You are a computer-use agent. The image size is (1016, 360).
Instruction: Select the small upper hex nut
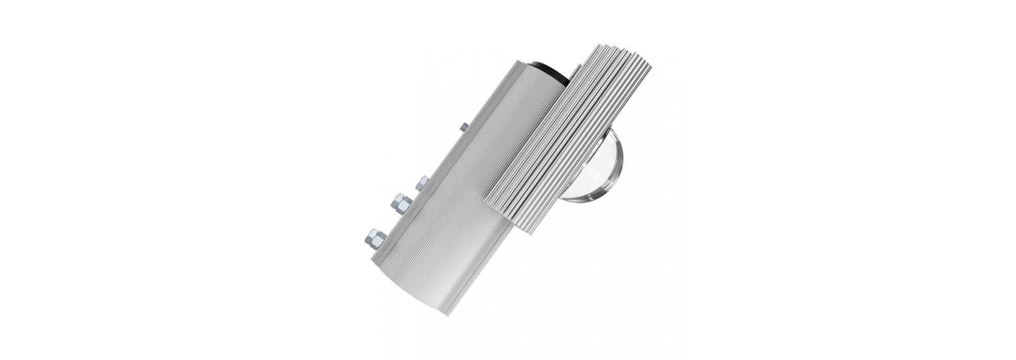423,183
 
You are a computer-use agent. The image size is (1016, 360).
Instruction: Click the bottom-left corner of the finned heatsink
487,203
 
